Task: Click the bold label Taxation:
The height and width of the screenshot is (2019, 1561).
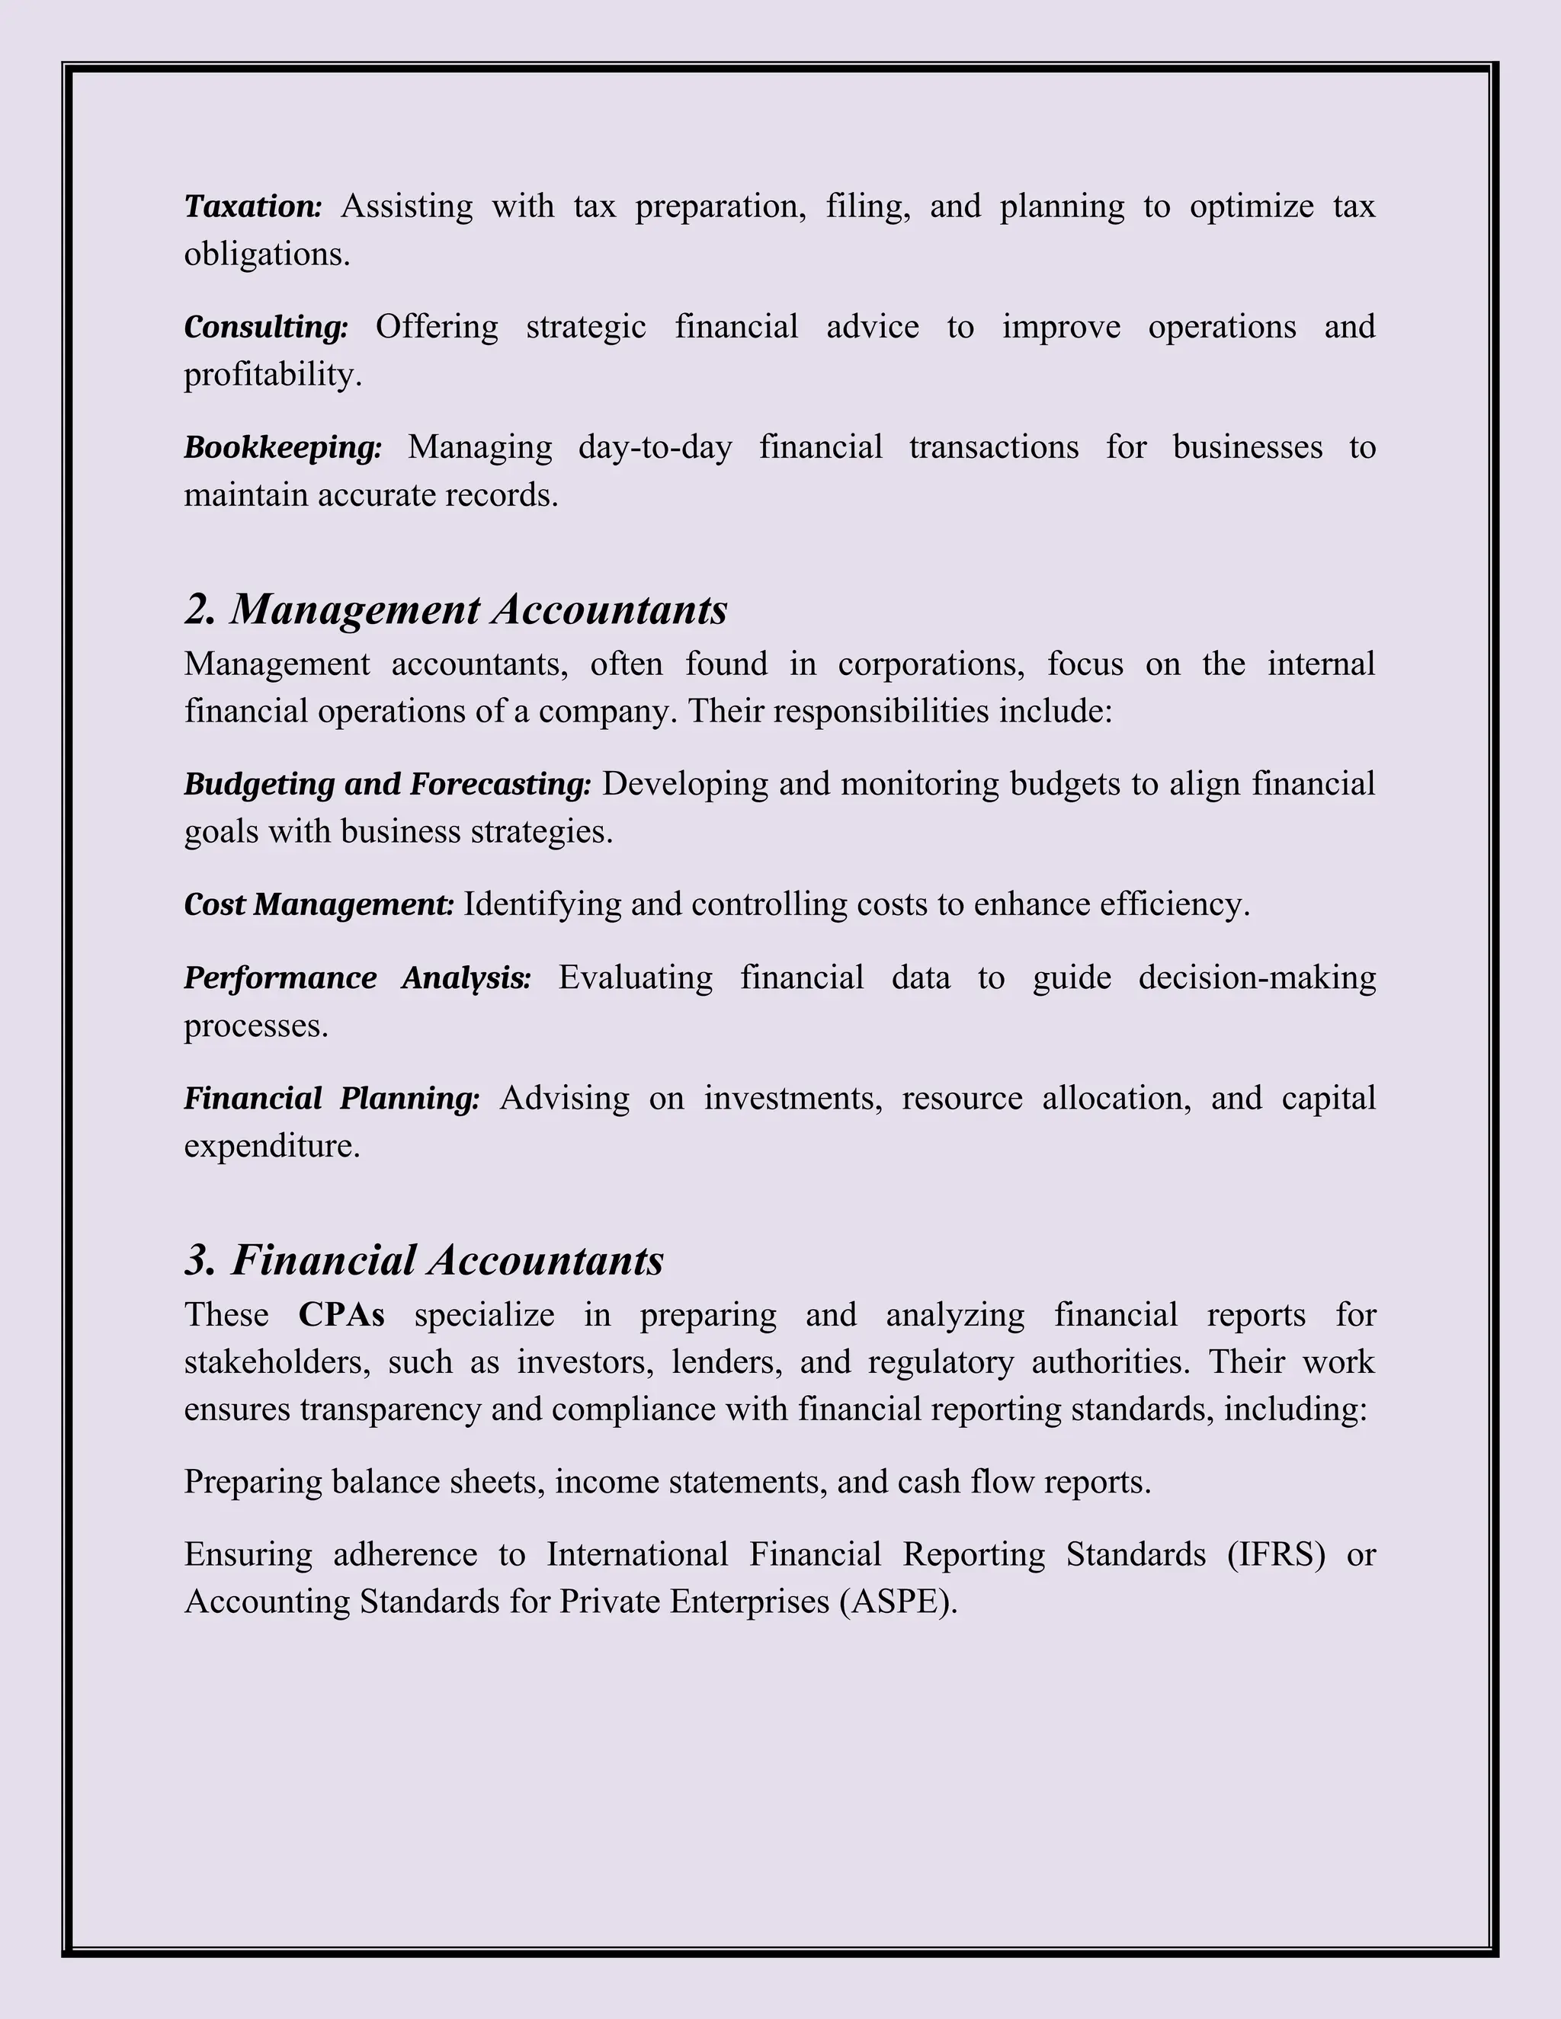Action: (x=252, y=206)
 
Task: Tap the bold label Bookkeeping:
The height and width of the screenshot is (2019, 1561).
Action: (x=282, y=447)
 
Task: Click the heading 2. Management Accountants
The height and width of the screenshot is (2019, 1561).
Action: (x=456, y=610)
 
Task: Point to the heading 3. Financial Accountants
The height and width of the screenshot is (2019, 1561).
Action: (x=425, y=1260)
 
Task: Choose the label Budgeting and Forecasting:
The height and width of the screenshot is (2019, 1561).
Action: (x=386, y=784)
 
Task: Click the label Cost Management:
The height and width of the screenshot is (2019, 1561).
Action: (x=319, y=904)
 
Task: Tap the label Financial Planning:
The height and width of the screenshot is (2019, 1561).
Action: (x=331, y=1098)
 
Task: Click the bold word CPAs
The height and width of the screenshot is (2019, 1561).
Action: (x=341, y=1314)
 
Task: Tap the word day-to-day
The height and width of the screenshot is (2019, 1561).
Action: (x=655, y=447)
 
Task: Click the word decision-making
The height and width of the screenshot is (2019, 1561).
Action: (x=1257, y=978)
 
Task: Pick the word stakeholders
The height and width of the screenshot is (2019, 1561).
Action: (x=276, y=1363)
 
